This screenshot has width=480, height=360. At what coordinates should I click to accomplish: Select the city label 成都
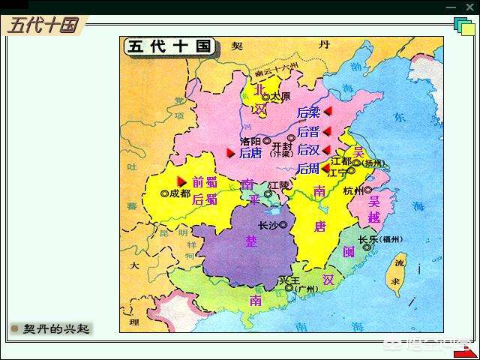point(179,193)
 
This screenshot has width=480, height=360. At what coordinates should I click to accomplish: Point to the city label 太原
point(280,97)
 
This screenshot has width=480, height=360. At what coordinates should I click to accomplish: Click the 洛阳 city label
point(250,141)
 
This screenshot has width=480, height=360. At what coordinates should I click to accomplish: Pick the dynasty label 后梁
point(308,112)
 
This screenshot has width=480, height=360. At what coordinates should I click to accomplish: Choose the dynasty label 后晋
point(308,131)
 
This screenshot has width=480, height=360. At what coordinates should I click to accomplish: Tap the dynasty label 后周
point(308,169)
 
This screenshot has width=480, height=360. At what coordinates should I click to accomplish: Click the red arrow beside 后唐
point(231,153)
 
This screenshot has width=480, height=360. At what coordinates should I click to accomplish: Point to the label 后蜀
point(204,199)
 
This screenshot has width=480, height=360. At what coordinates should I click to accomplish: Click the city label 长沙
point(268,225)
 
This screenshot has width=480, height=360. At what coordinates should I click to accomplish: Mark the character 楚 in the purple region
point(250,241)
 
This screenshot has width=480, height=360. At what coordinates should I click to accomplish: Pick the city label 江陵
point(279,184)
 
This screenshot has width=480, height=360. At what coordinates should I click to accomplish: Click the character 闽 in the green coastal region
point(349,252)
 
